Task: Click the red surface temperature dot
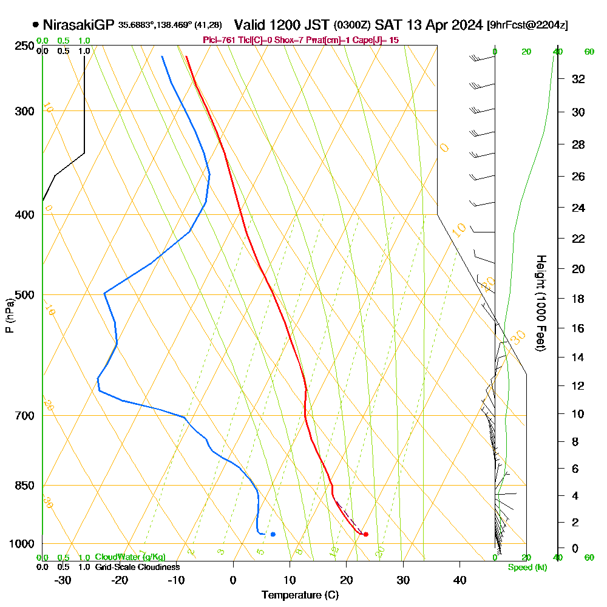[365, 534]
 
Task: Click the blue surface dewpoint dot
[273, 534]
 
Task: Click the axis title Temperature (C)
[300, 595]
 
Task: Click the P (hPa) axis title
[9, 315]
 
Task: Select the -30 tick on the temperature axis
[63, 580]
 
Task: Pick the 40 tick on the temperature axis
[459, 580]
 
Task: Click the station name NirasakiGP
[78, 25]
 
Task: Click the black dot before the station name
[36, 25]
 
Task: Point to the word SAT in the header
[387, 25]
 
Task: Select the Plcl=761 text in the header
[219, 40]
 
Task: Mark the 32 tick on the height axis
[578, 79]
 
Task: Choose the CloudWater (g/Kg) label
[130, 557]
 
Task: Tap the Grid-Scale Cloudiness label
[137, 567]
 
